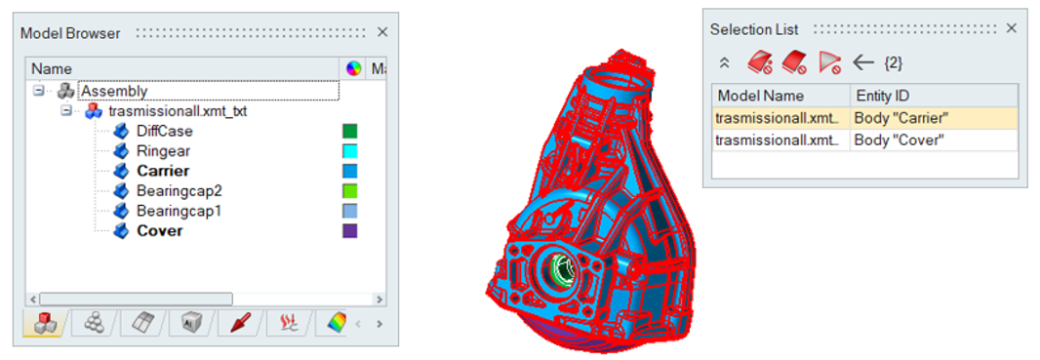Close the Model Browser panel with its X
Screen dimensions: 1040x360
click(x=382, y=32)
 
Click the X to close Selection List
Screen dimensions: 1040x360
click(x=1011, y=28)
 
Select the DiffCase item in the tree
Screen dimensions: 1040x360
click(x=165, y=132)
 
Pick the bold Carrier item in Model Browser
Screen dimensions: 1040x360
click(x=163, y=171)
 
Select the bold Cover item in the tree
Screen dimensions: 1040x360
click(x=160, y=230)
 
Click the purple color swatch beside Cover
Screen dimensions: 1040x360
click(x=349, y=230)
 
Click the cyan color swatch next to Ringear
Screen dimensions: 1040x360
click(x=349, y=151)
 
